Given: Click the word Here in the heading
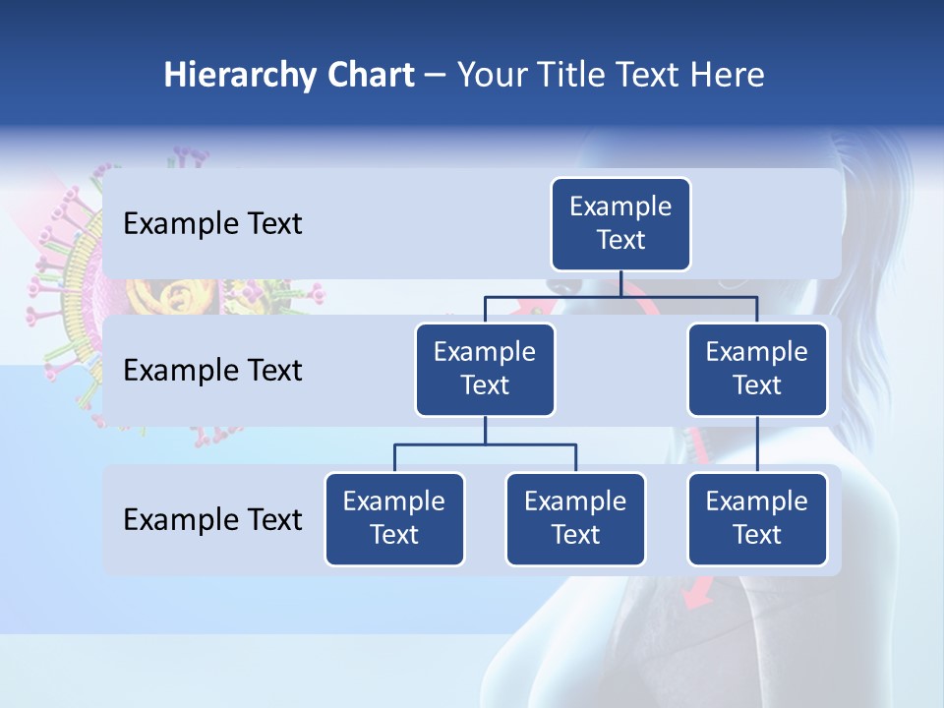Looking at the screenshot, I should [x=726, y=75].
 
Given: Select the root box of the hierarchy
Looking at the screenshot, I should [x=620, y=223].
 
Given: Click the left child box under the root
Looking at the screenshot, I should [x=485, y=369].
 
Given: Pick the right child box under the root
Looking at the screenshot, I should [x=757, y=369].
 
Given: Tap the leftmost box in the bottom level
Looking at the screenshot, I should [x=394, y=518].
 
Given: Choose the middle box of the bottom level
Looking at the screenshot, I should [x=575, y=518].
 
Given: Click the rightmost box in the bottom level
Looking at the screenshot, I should [x=757, y=518].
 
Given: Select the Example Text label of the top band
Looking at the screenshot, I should [x=212, y=224].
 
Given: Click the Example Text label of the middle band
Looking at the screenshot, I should [x=212, y=371].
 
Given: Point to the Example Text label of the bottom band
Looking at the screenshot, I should [x=212, y=519].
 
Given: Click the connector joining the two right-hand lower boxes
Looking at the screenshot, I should [x=757, y=443].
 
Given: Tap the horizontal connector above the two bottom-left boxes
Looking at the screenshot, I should [x=485, y=444].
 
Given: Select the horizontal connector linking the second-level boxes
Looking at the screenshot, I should [x=620, y=296].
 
